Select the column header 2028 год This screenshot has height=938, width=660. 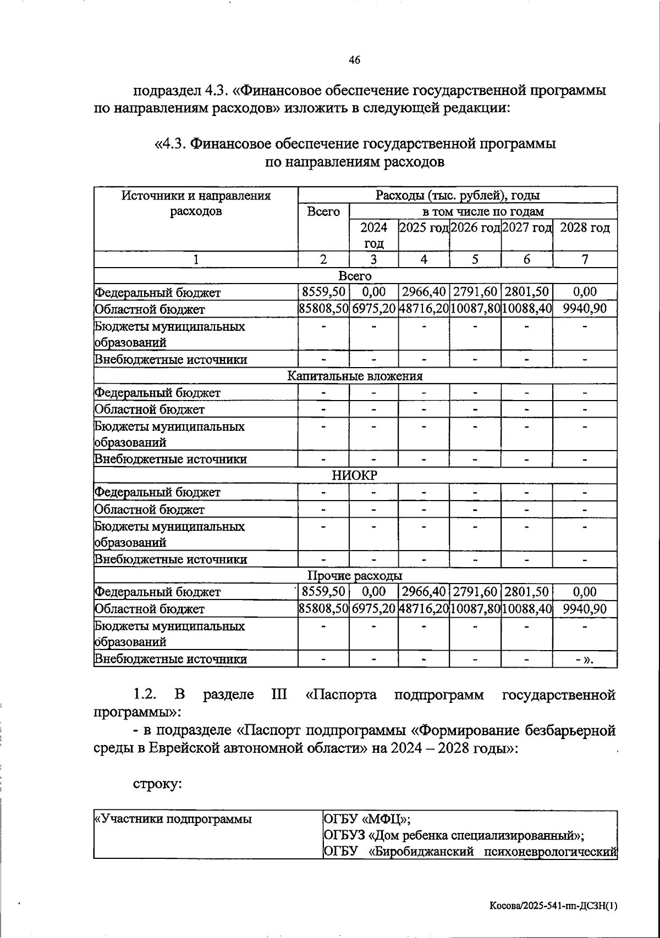pos(584,228)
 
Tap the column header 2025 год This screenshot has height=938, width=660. pos(424,228)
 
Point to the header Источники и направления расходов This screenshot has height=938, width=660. pos(196,203)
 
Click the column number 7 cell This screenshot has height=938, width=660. pos(584,260)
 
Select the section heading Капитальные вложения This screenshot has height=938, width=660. pos(355,376)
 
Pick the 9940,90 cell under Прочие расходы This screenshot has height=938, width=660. pos(584,609)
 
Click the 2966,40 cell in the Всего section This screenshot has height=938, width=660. pos(424,292)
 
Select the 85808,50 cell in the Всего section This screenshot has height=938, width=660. pos(323,309)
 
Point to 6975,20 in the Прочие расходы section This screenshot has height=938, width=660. pos(373,609)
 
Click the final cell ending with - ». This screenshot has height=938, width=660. pos(584,659)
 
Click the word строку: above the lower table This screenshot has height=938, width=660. pos(157,784)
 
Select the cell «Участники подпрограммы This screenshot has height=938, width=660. pos(174,819)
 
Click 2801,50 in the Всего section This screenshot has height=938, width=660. pos(526,292)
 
